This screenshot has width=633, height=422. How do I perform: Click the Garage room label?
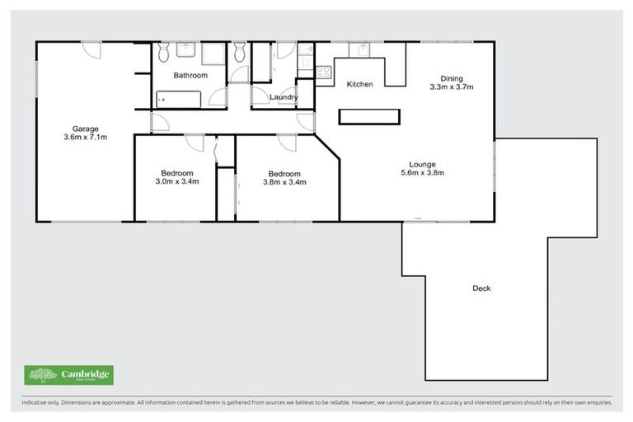(x=86, y=129)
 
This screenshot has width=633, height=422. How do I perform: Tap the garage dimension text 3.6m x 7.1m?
(x=86, y=138)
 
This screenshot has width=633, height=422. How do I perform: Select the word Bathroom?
(x=190, y=75)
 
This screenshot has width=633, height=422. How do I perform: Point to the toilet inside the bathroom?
(x=163, y=53)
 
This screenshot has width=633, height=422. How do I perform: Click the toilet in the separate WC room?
(x=240, y=54)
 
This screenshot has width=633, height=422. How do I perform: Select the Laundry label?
(x=284, y=98)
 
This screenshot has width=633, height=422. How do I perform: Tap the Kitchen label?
(x=360, y=84)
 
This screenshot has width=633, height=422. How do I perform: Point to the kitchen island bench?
(x=368, y=116)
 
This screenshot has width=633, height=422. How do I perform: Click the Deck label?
(x=482, y=288)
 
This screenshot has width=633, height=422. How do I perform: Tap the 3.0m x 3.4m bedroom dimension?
(x=177, y=182)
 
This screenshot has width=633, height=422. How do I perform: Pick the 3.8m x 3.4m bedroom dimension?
(x=284, y=183)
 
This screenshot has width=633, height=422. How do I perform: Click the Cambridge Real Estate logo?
(x=68, y=375)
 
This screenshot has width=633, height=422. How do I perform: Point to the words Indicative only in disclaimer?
(x=41, y=403)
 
